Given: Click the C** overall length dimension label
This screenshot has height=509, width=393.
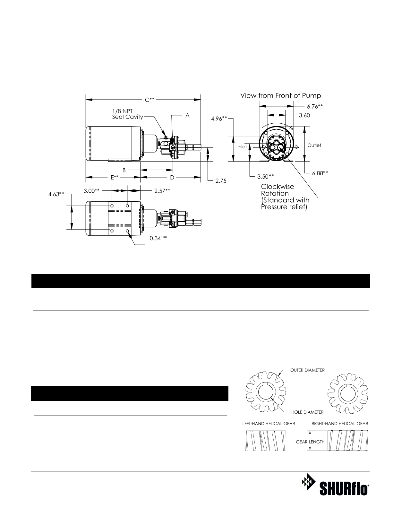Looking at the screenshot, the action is click(x=150, y=100).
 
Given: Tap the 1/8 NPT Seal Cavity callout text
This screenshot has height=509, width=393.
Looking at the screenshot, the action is click(x=127, y=114).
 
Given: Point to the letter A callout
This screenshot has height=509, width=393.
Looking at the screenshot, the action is click(x=187, y=116).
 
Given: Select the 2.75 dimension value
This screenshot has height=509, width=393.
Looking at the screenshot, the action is click(x=221, y=181).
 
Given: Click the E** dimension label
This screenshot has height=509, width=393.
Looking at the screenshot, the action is click(x=115, y=177).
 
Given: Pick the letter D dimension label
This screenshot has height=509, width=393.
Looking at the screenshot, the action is click(x=172, y=178).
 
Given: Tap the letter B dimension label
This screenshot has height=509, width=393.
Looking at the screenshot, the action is click(x=124, y=170).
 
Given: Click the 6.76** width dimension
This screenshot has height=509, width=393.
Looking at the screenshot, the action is click(x=315, y=106).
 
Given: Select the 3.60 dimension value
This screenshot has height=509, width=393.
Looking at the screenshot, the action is click(x=304, y=115).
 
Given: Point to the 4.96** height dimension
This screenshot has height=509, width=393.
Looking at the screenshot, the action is click(x=219, y=119).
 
